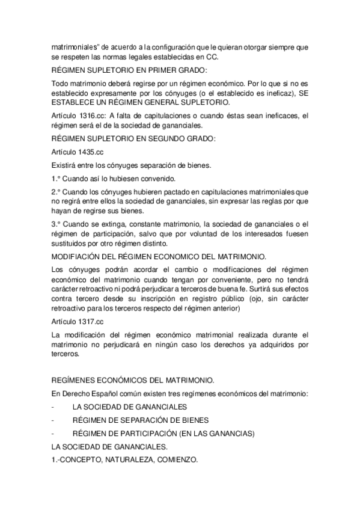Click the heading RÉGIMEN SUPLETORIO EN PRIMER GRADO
click(121, 70)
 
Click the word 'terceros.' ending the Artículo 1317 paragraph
click(65, 355)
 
